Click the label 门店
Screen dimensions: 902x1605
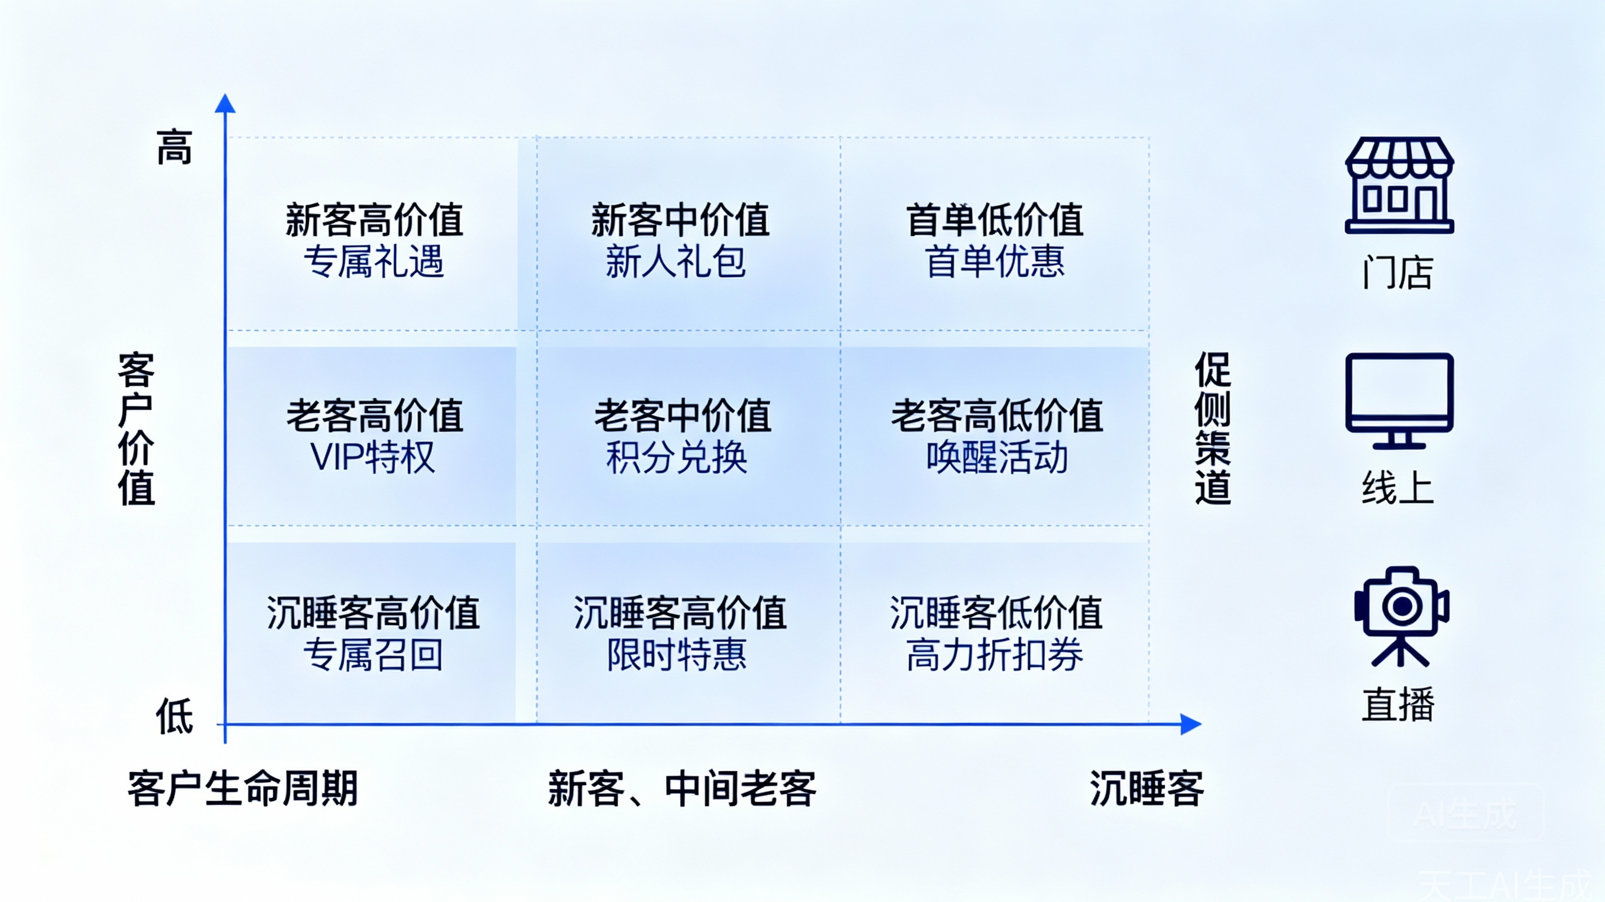(1398, 272)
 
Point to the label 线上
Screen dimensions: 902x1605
(1398, 488)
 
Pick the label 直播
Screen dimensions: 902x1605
(1398, 704)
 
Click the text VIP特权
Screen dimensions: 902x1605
(373, 457)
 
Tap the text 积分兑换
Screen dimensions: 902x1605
(677, 457)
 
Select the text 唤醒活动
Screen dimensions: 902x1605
(996, 457)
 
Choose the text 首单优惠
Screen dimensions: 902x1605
(995, 261)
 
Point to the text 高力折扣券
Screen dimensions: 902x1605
(995, 655)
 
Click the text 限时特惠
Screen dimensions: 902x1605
(677, 655)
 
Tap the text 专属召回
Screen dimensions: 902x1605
(373, 655)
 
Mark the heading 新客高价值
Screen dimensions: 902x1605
(374, 219)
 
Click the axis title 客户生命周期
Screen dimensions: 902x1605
(242, 788)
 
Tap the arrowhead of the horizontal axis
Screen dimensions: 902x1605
(1190, 724)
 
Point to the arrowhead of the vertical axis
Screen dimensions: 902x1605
(225, 104)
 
